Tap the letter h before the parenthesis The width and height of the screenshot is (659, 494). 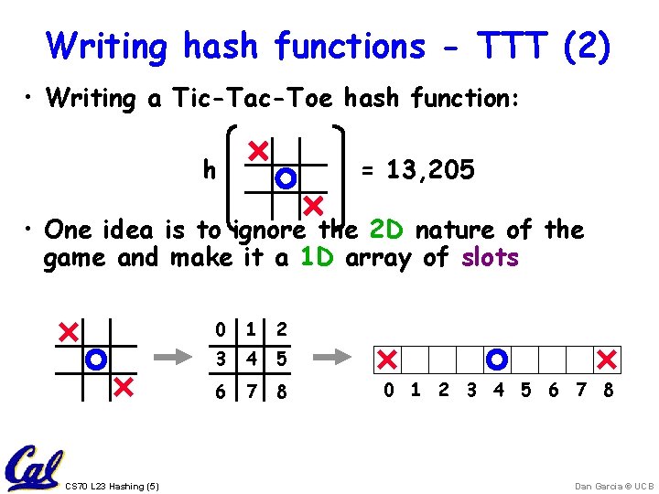click(x=210, y=169)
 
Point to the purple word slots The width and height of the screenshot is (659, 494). click(x=490, y=258)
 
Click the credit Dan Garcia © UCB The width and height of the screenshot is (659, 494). click(x=603, y=486)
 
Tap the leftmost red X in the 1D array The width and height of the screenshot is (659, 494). click(x=387, y=359)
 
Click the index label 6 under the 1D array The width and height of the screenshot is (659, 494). click(x=553, y=391)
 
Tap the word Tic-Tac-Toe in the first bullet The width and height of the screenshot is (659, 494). click(x=245, y=99)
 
